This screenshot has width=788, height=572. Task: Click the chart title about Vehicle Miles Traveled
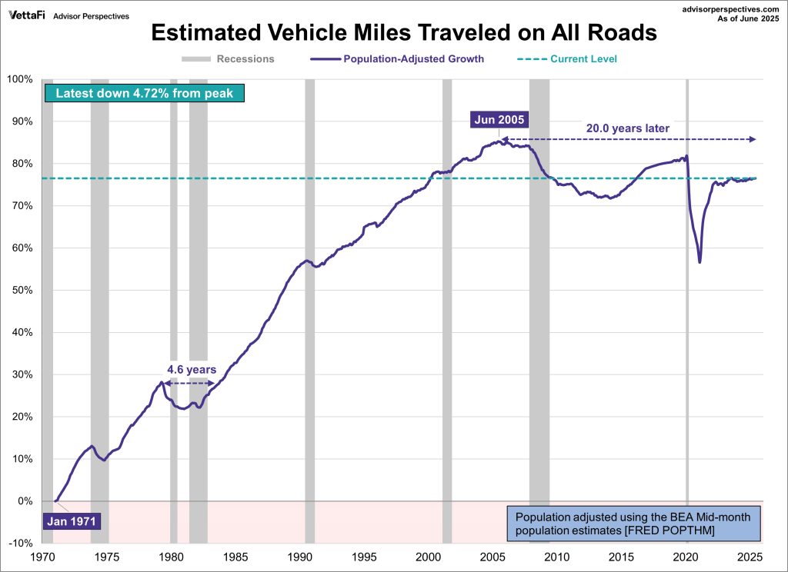[403, 33]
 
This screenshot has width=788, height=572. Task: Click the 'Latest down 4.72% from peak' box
[145, 94]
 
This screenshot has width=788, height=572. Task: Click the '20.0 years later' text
[628, 128]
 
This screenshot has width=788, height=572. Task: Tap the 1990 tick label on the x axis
[299, 557]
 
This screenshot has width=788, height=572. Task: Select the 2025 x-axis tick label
[750, 557]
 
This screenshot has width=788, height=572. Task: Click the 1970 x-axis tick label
[42, 557]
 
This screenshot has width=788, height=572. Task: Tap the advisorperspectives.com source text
[726, 8]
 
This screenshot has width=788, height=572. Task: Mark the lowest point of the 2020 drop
[700, 263]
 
